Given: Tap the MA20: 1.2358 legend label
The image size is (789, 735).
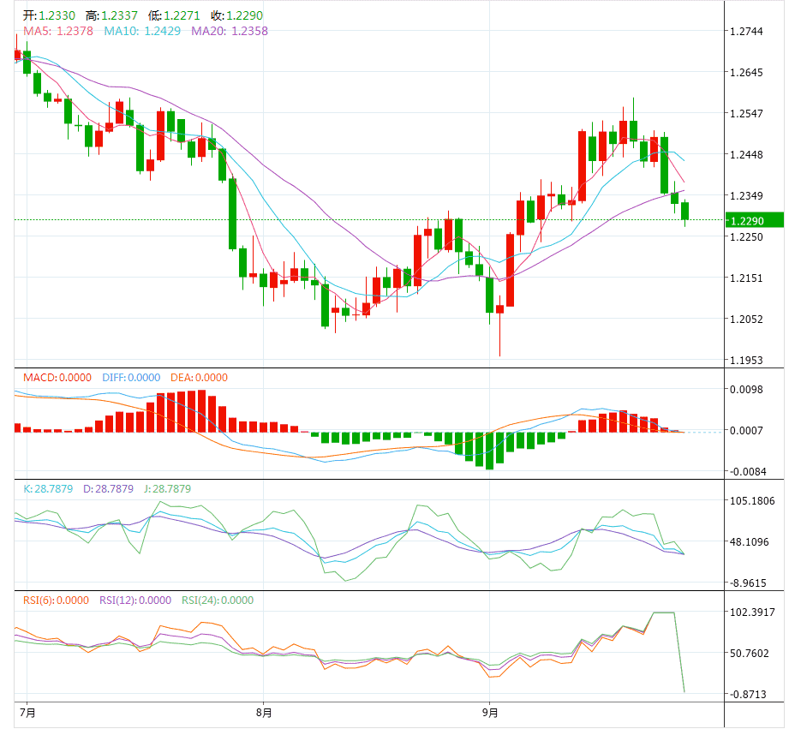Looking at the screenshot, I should tap(230, 31).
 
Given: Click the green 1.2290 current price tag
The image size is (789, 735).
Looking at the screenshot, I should tap(753, 220).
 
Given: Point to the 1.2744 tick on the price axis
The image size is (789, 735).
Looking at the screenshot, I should tap(744, 32).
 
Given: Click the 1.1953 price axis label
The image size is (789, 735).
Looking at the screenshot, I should tap(744, 360).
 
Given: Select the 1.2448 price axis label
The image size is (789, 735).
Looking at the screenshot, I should tap(744, 155).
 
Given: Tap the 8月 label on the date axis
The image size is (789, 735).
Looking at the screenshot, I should tap(264, 713).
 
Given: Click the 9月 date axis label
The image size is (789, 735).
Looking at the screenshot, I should tap(490, 713).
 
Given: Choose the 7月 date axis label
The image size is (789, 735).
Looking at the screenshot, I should tap(27, 713).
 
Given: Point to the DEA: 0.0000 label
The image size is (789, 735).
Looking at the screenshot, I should tap(200, 378).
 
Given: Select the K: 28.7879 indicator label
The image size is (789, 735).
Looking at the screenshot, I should tap(47, 489).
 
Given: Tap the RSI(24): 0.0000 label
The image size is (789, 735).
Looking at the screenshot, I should tap(217, 601).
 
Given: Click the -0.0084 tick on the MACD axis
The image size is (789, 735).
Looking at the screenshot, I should tap(746, 472).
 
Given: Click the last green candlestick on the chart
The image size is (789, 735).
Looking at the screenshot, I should tap(685, 211).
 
